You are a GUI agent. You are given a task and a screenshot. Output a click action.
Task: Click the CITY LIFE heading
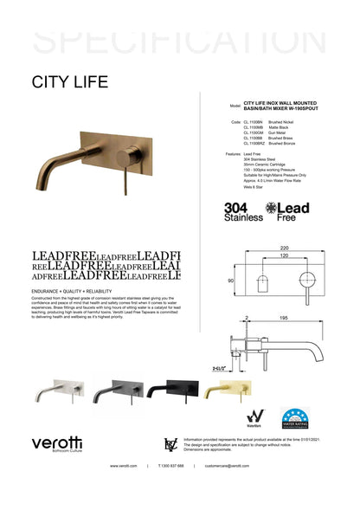click(69, 82)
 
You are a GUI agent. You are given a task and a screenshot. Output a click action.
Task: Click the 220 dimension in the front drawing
click(284, 248)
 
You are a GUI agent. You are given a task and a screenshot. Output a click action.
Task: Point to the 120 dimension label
click(284, 257)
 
